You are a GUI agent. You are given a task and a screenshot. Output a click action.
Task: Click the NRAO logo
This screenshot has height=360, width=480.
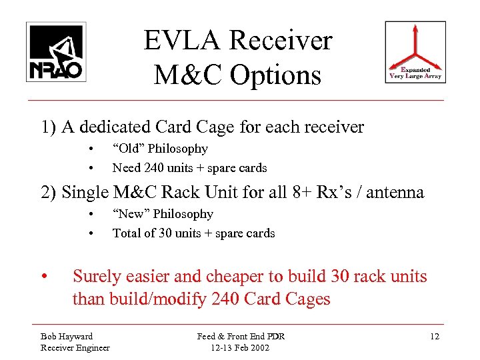coord(56,52)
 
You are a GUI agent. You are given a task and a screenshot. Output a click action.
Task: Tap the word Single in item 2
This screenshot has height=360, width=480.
coord(84,193)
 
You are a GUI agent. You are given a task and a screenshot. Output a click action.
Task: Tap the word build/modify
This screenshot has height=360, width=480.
coord(155,299)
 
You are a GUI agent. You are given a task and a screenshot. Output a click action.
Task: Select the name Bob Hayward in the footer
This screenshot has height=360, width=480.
coord(67,336)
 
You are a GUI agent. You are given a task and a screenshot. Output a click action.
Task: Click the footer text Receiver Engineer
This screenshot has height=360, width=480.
coord(75,347)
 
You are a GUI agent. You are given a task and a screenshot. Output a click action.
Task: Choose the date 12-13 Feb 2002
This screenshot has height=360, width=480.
coord(241,347)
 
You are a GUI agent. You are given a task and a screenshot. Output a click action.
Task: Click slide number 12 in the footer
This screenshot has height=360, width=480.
coord(434,336)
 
